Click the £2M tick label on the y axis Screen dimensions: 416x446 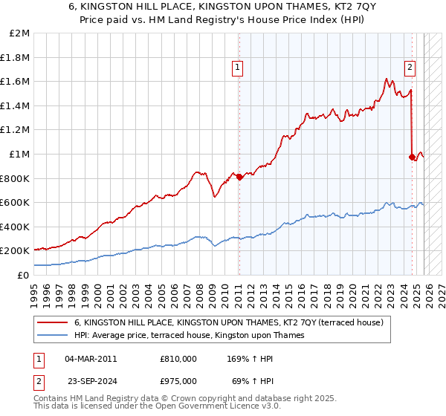tap(20, 33)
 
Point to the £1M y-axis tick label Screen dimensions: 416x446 tap(20, 154)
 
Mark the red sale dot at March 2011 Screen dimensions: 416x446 tap(239, 177)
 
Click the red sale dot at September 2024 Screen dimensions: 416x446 tap(413, 157)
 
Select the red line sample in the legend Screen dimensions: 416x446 tap(52, 322)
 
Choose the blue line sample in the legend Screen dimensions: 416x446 tap(52, 335)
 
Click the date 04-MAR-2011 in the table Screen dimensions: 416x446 tap(91, 359)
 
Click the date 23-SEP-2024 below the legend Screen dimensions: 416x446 tap(91, 382)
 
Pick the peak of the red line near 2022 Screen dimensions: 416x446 tap(387, 78)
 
